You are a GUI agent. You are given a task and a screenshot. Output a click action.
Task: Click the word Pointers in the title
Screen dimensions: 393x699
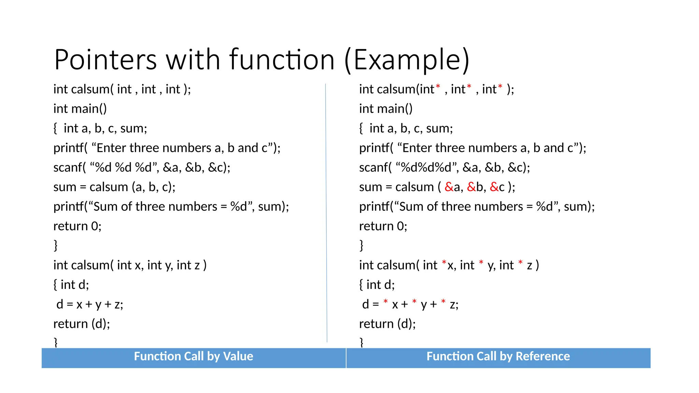coord(105,60)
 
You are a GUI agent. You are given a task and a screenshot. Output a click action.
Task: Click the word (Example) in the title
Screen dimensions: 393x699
coord(407,60)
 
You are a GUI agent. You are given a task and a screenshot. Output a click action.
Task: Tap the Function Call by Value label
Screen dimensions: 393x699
coord(194,356)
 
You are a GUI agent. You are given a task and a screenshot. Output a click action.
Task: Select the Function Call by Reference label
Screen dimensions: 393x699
coord(498,356)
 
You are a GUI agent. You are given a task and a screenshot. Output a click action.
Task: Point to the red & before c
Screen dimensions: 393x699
coord(494,187)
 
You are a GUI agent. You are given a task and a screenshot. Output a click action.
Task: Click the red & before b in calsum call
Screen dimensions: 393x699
coord(471,187)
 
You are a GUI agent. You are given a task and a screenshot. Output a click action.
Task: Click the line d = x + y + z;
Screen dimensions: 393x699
coord(89,304)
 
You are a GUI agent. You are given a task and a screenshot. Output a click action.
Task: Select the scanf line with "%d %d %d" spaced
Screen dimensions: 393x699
coord(142,168)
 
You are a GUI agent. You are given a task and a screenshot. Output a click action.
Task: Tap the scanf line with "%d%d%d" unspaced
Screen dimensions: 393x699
coord(444,168)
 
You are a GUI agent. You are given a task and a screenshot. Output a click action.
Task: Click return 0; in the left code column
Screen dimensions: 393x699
coord(77,226)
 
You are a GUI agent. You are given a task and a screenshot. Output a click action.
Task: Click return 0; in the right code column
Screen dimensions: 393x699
coord(383,226)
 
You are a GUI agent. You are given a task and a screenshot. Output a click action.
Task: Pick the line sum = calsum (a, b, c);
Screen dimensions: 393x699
coord(114,187)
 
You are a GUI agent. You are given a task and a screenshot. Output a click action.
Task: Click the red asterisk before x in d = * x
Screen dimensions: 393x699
coord(386,302)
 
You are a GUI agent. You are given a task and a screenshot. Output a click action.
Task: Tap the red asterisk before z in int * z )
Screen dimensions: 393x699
coord(520,262)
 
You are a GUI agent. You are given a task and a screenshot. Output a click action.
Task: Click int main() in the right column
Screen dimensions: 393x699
coord(386,109)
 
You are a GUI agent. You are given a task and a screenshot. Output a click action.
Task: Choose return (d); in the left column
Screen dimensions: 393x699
coord(82,324)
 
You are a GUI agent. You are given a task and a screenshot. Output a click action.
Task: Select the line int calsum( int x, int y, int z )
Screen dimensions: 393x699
coord(130,265)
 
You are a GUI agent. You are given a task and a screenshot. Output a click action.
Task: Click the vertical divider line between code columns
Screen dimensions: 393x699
coord(326,212)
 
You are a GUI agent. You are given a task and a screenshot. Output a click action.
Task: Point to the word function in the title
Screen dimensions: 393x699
coord(282,60)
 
